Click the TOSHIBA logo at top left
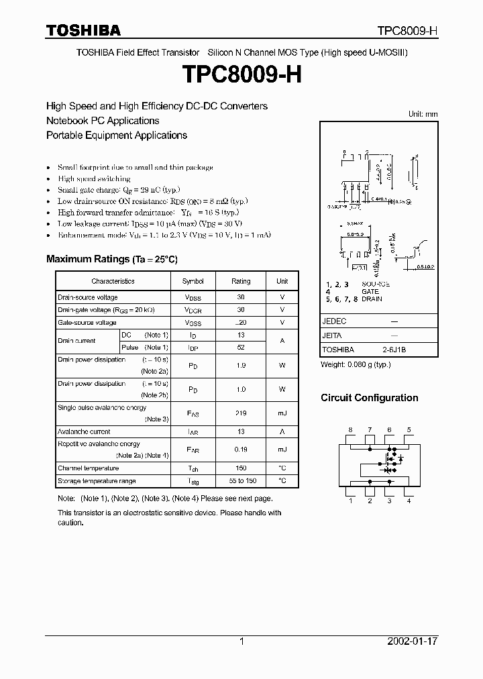(83, 30)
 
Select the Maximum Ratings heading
(111, 259)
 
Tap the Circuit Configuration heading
(369, 398)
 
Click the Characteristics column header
(113, 281)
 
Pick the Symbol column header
(193, 281)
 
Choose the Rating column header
(241, 281)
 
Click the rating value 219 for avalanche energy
(241, 413)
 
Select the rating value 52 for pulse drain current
(241, 348)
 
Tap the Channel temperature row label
(88, 468)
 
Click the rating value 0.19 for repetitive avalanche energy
(241, 450)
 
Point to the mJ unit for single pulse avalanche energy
(282, 413)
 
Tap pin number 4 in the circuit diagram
(409, 501)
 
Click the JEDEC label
(334, 321)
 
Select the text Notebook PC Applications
(103, 121)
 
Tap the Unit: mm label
(423, 114)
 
